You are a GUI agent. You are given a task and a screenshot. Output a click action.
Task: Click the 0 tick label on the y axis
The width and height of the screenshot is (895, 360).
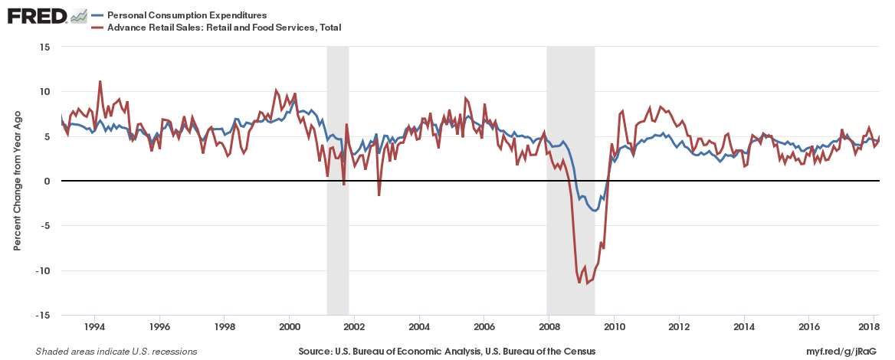coord(47,181)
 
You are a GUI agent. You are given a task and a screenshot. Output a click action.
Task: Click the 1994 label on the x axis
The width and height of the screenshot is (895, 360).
coord(94,327)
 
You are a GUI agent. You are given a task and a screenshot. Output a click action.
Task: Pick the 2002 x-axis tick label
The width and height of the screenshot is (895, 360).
coord(353,327)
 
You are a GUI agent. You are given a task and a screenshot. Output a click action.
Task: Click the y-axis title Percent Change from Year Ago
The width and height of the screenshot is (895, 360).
coord(17,181)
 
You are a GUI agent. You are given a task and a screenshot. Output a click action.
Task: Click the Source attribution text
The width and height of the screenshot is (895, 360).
coord(447,352)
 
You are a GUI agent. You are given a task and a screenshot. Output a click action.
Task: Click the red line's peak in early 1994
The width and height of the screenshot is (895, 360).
coord(100,81)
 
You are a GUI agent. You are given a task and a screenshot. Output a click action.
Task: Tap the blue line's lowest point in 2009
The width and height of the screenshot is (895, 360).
coord(595,211)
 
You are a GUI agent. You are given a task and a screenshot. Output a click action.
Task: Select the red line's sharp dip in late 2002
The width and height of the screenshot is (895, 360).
coord(379,195)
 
